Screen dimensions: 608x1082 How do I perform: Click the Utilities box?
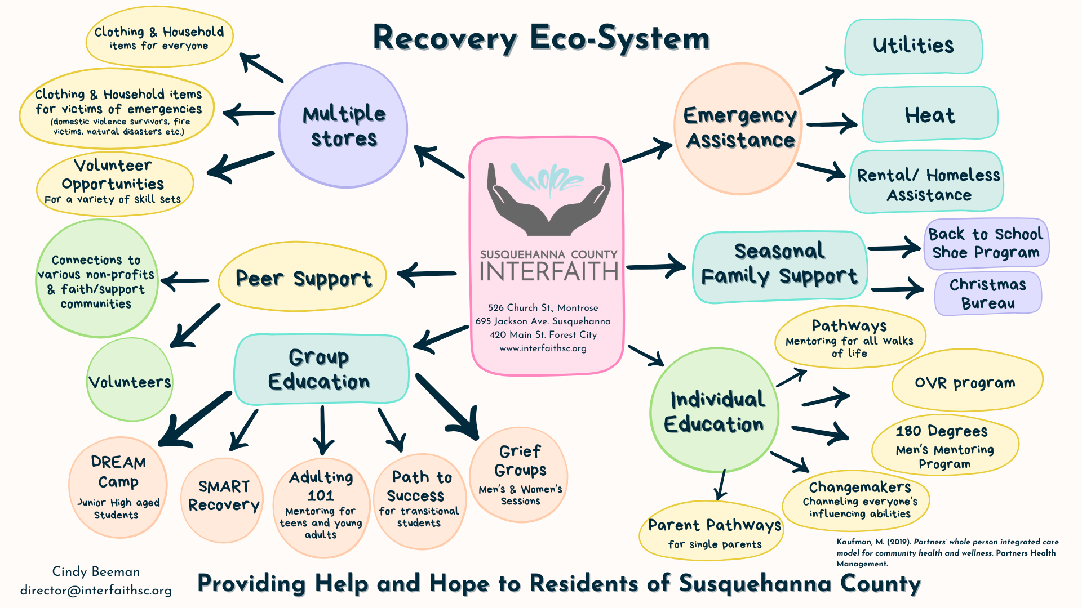pos(913,47)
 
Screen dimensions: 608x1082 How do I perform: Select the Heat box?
pos(930,115)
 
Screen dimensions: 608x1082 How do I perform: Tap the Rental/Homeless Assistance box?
pos(927,183)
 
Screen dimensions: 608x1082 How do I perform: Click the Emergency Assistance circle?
pos(739,128)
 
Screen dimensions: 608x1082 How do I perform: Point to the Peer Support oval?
pos(303,277)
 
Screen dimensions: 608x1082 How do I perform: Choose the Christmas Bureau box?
pos(988,293)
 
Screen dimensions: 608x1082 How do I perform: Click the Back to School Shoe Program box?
pos(986,243)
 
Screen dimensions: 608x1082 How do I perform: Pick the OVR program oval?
pos(966,383)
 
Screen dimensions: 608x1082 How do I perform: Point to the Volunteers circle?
pos(130,381)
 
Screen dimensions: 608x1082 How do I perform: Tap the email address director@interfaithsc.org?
pos(96,591)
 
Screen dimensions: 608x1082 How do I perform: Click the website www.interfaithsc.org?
pos(543,348)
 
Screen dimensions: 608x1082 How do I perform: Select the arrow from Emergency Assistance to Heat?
pos(831,123)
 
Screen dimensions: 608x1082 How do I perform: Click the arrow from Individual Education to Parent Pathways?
pos(720,485)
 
